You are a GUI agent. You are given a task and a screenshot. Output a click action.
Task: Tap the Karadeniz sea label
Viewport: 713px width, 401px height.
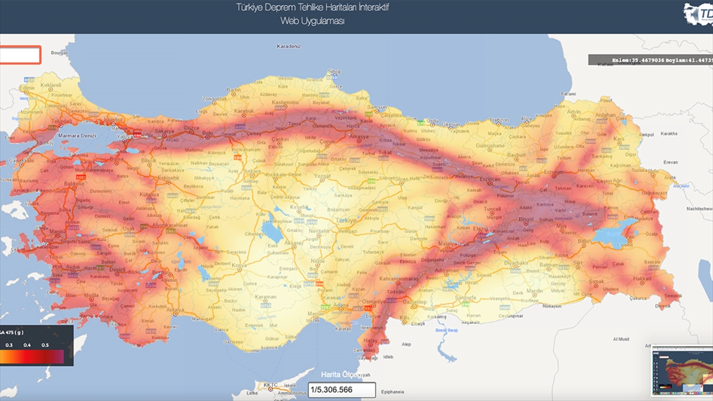click(x=289, y=46)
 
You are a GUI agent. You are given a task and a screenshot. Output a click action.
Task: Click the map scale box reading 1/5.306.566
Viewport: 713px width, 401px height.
click(x=342, y=390)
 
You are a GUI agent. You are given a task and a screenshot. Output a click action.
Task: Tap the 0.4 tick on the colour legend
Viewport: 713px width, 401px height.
click(x=27, y=345)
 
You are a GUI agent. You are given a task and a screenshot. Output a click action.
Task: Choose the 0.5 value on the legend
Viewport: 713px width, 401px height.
click(x=45, y=345)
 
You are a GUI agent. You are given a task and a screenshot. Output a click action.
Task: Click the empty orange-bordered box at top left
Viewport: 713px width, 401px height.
click(x=20, y=55)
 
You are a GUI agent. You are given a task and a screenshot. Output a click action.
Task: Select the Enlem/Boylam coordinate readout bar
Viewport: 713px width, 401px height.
click(x=650, y=60)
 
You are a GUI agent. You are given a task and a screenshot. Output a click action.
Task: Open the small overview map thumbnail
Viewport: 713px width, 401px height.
click(x=682, y=370)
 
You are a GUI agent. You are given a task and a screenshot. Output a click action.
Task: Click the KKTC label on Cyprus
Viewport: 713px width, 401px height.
click(x=270, y=385)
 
